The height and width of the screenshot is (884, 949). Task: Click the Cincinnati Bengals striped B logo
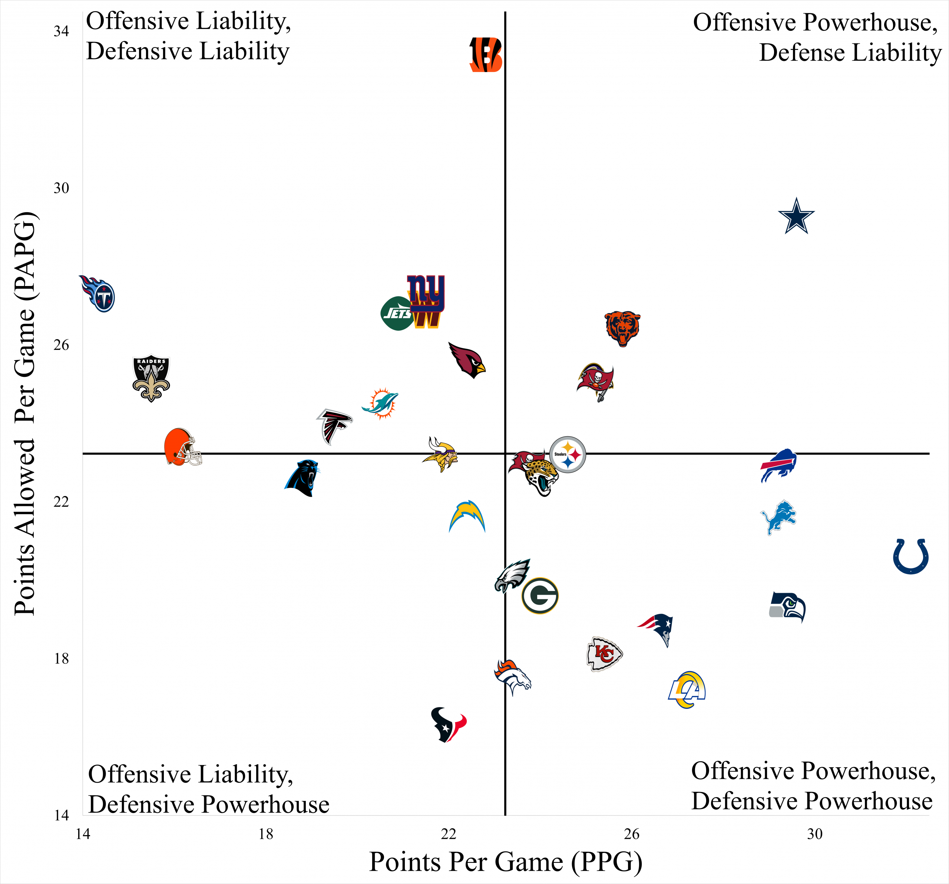[x=486, y=55]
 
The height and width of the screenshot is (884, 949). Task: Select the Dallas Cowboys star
[x=796, y=216]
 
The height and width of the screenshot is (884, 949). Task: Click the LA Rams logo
[x=687, y=690]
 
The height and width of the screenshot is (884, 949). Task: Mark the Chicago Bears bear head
[x=622, y=329]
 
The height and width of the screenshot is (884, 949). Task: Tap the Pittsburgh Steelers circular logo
[x=568, y=454]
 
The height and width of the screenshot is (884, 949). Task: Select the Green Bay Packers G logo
[x=540, y=595]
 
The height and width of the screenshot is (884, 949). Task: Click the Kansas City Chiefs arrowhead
[x=604, y=654]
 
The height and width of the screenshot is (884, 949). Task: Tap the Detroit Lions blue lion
[x=778, y=517]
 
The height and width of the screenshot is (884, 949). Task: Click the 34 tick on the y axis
[x=61, y=32]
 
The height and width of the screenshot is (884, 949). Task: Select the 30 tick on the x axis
[x=815, y=834]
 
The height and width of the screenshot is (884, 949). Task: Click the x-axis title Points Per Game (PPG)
[x=506, y=862]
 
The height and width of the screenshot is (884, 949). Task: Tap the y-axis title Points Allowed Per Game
[x=25, y=413]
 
